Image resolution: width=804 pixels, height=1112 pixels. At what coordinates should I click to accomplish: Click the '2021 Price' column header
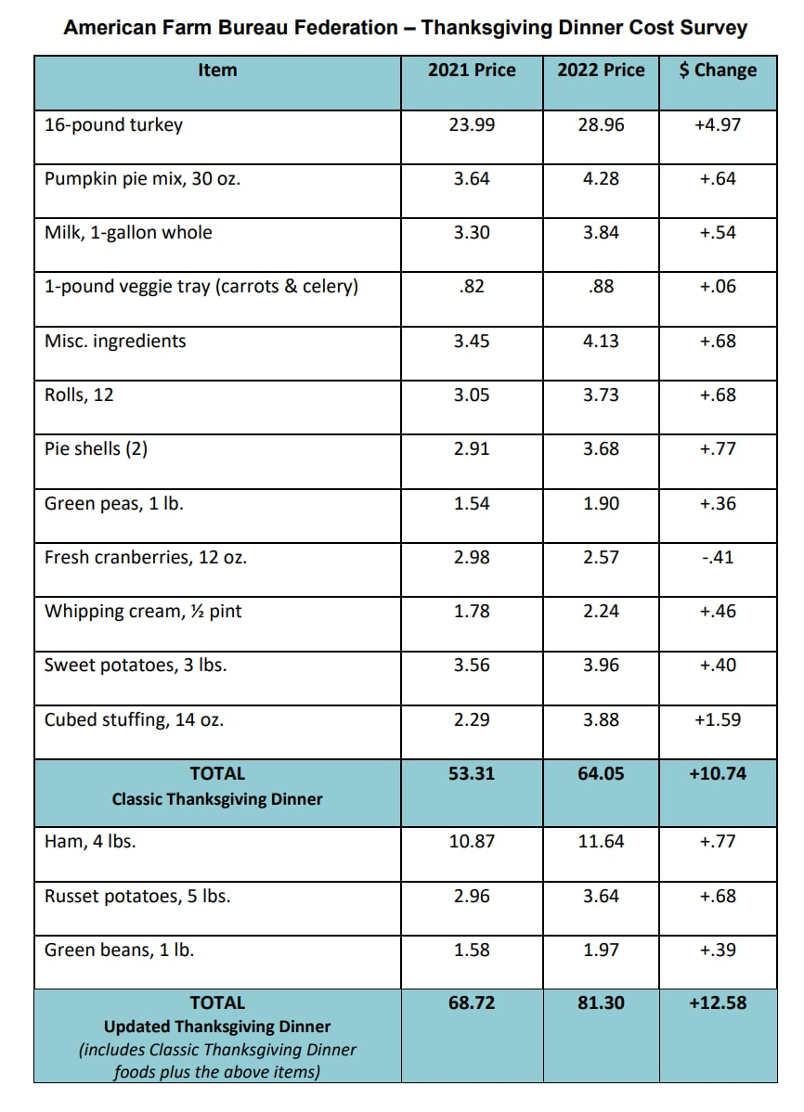point(472,71)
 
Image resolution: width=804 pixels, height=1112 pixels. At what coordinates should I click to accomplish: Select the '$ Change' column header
point(718,71)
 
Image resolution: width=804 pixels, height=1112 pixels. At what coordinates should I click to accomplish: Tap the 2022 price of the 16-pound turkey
point(601,124)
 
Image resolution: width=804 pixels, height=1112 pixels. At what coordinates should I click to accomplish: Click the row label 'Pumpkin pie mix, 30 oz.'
point(143,179)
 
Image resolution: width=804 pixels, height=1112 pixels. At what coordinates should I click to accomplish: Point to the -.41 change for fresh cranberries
point(718,558)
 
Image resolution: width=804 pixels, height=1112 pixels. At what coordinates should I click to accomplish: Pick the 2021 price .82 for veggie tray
point(472,287)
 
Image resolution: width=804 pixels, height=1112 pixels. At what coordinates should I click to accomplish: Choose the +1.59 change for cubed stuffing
point(718,719)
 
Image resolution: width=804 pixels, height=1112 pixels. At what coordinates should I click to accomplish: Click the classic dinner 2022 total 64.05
point(601,773)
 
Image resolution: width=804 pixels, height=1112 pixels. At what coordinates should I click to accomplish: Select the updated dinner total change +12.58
point(718,1002)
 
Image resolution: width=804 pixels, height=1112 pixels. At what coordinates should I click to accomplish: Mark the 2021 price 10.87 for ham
point(472,842)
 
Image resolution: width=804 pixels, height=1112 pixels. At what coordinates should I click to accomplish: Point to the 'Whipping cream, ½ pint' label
point(143,612)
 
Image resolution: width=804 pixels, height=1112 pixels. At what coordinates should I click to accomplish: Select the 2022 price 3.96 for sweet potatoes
point(601,666)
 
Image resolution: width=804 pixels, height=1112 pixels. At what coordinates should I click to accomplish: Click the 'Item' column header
point(217,71)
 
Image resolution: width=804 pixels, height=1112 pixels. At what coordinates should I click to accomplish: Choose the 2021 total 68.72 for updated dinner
point(472,1002)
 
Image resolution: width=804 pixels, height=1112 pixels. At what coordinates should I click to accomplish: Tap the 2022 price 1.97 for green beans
point(601,950)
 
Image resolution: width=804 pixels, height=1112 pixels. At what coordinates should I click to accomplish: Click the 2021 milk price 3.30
point(472,233)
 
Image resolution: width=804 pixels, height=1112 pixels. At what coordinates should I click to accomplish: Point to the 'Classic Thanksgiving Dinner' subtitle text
point(217,798)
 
